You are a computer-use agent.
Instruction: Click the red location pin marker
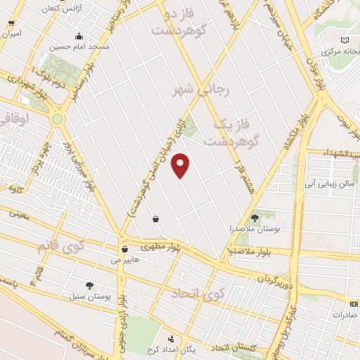click(x=181, y=165)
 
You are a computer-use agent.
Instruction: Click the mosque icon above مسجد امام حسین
click(x=79, y=37)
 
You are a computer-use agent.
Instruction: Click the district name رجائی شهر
click(x=196, y=91)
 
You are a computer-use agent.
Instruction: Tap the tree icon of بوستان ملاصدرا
click(x=255, y=217)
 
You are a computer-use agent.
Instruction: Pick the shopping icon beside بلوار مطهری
click(x=124, y=248)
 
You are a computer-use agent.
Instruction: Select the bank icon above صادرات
click(x=352, y=304)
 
